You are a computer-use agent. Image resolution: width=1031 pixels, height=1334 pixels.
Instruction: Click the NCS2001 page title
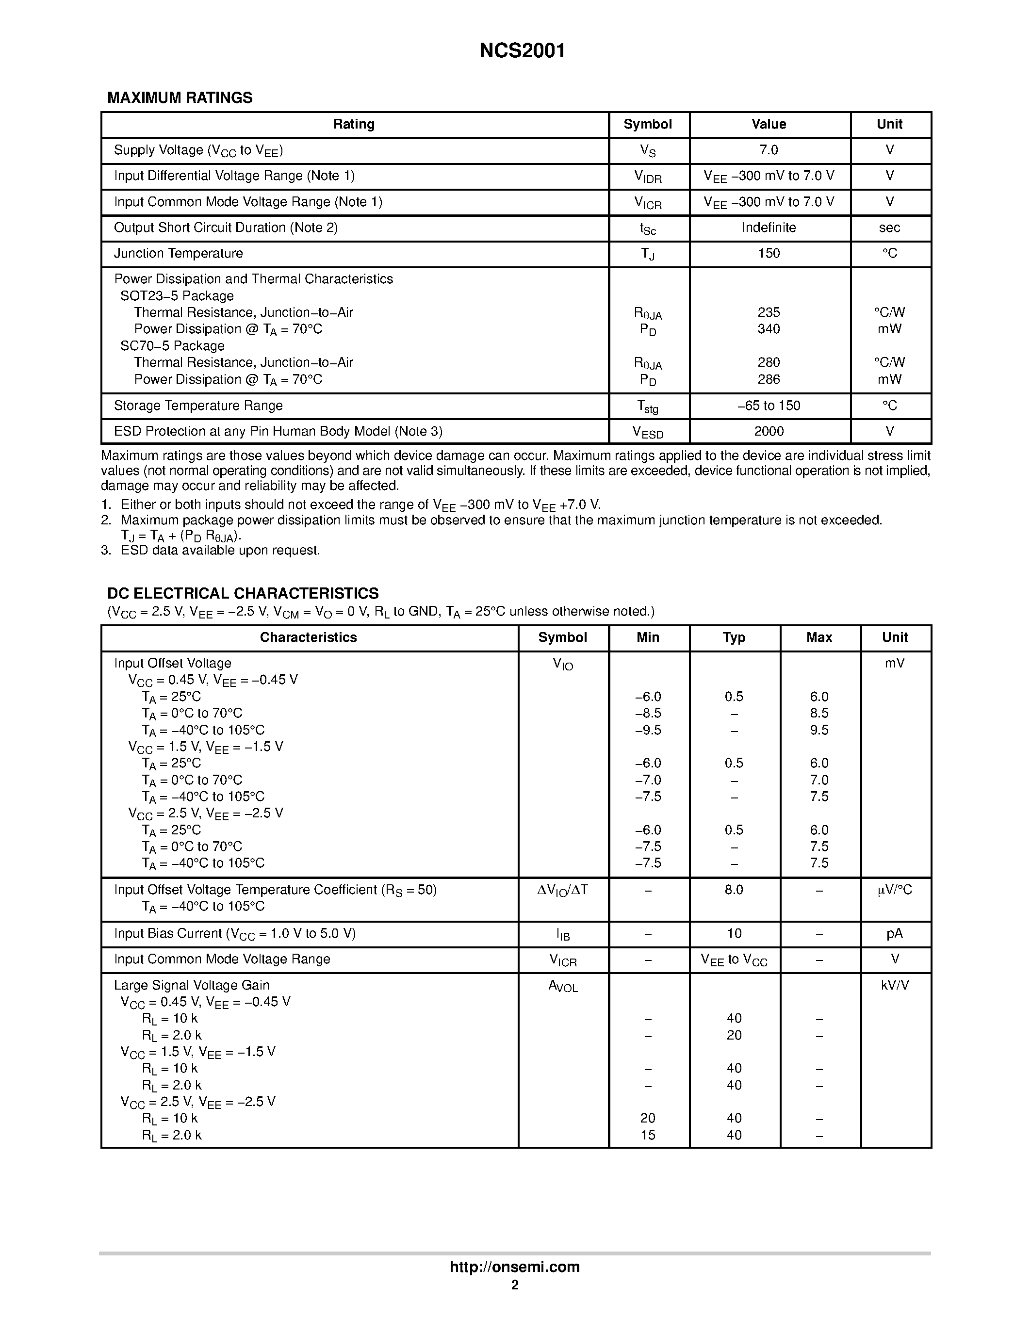coord(522,51)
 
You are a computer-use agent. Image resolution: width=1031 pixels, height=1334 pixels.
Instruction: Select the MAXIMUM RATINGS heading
coord(180,98)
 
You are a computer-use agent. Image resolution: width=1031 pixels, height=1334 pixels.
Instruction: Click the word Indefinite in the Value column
coord(769,228)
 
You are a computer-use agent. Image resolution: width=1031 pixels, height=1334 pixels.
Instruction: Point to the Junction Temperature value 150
coord(769,254)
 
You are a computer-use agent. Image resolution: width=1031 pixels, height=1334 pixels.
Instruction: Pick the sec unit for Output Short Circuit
coord(889,228)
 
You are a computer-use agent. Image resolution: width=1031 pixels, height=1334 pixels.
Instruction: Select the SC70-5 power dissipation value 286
coord(769,379)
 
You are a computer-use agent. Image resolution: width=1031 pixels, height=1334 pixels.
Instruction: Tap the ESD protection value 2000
coord(769,431)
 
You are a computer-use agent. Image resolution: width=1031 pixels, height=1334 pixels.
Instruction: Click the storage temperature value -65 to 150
coord(769,406)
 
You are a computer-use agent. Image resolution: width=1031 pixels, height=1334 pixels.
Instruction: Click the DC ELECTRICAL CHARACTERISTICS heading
coord(243,593)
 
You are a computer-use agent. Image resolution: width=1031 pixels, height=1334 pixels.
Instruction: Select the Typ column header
coord(734,638)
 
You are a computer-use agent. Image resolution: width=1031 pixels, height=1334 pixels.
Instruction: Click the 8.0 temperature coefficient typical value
coord(734,890)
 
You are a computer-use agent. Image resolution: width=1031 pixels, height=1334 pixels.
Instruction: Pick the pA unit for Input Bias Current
coord(894,933)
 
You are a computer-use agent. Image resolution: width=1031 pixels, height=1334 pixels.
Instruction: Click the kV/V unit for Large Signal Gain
coord(894,985)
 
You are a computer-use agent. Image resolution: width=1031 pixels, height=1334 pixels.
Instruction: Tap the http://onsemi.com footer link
coord(514,1267)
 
